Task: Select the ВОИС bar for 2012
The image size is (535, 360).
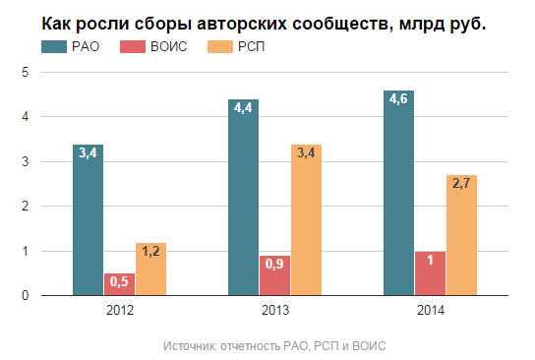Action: (119, 283)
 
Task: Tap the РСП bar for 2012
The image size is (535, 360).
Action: (150, 269)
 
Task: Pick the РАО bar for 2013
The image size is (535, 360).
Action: (244, 197)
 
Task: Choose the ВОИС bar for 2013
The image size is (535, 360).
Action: (274, 274)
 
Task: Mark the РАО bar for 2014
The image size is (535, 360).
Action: (399, 193)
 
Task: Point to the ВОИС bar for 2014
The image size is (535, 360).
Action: (431, 272)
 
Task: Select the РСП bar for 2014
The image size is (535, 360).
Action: (461, 235)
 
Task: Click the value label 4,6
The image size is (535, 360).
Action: (399, 99)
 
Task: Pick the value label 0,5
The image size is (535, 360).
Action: (119, 282)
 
